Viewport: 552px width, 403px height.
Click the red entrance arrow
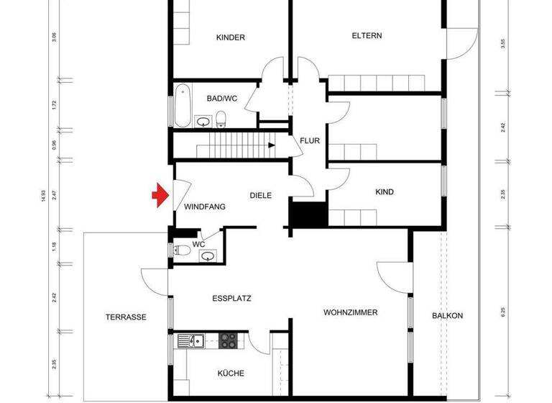159,195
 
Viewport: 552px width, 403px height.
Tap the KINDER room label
231,37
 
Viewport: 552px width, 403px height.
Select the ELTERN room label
367,35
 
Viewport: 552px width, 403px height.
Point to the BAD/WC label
221,99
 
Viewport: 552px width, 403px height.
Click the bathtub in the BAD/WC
183,106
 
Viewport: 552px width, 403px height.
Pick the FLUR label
310,141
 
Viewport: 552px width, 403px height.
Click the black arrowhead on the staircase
271,145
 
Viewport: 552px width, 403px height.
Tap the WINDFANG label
205,207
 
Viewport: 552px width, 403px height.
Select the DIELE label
261,195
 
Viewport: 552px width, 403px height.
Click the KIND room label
385,192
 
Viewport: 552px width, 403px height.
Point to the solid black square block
308,215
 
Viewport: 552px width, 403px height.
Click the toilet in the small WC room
183,250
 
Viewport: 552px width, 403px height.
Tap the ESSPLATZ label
231,298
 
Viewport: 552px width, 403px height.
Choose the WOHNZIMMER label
351,312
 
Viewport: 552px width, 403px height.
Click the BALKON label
447,316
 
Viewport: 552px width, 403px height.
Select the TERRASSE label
126,317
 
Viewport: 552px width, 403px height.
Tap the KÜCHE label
231,373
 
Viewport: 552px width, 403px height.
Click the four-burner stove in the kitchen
229,340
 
